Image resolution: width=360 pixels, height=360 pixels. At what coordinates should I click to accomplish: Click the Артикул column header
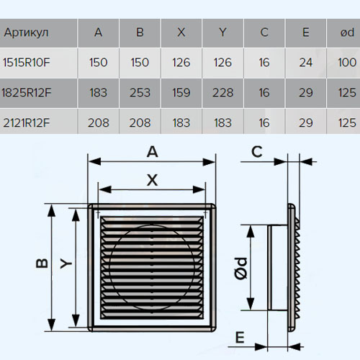tap(26, 32)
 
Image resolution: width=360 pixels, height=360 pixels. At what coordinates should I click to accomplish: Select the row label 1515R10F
tap(27, 63)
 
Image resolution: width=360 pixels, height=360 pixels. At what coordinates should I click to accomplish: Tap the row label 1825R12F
tap(27, 93)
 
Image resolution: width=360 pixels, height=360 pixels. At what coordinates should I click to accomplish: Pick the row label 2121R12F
tap(27, 122)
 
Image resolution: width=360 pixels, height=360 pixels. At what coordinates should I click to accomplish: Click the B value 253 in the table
tap(140, 93)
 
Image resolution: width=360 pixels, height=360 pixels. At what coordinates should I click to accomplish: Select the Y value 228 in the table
tap(222, 93)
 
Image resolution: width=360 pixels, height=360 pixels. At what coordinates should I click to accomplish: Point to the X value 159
tap(181, 93)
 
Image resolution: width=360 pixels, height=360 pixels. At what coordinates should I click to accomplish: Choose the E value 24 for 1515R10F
tap(306, 63)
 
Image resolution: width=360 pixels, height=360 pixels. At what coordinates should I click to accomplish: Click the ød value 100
tap(347, 63)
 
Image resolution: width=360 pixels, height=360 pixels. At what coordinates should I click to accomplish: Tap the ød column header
tap(347, 32)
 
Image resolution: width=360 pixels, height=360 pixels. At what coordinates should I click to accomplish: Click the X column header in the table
tap(181, 32)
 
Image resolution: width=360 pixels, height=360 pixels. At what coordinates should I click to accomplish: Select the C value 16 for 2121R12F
tap(264, 122)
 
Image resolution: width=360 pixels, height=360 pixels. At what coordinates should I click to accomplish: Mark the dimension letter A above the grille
tap(153, 152)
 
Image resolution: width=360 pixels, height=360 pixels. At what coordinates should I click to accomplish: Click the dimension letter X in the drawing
tap(153, 180)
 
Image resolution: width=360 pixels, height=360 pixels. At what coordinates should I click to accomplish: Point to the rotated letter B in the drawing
tap(42, 264)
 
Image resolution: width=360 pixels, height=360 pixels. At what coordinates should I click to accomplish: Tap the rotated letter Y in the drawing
tap(66, 264)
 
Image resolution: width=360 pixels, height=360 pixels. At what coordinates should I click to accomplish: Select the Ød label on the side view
tap(240, 269)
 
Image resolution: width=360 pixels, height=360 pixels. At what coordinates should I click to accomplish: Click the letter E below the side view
tap(240, 338)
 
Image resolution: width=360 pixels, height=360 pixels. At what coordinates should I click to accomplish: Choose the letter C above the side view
tap(257, 152)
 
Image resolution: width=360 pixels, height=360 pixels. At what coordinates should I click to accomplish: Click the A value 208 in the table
tap(99, 122)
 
